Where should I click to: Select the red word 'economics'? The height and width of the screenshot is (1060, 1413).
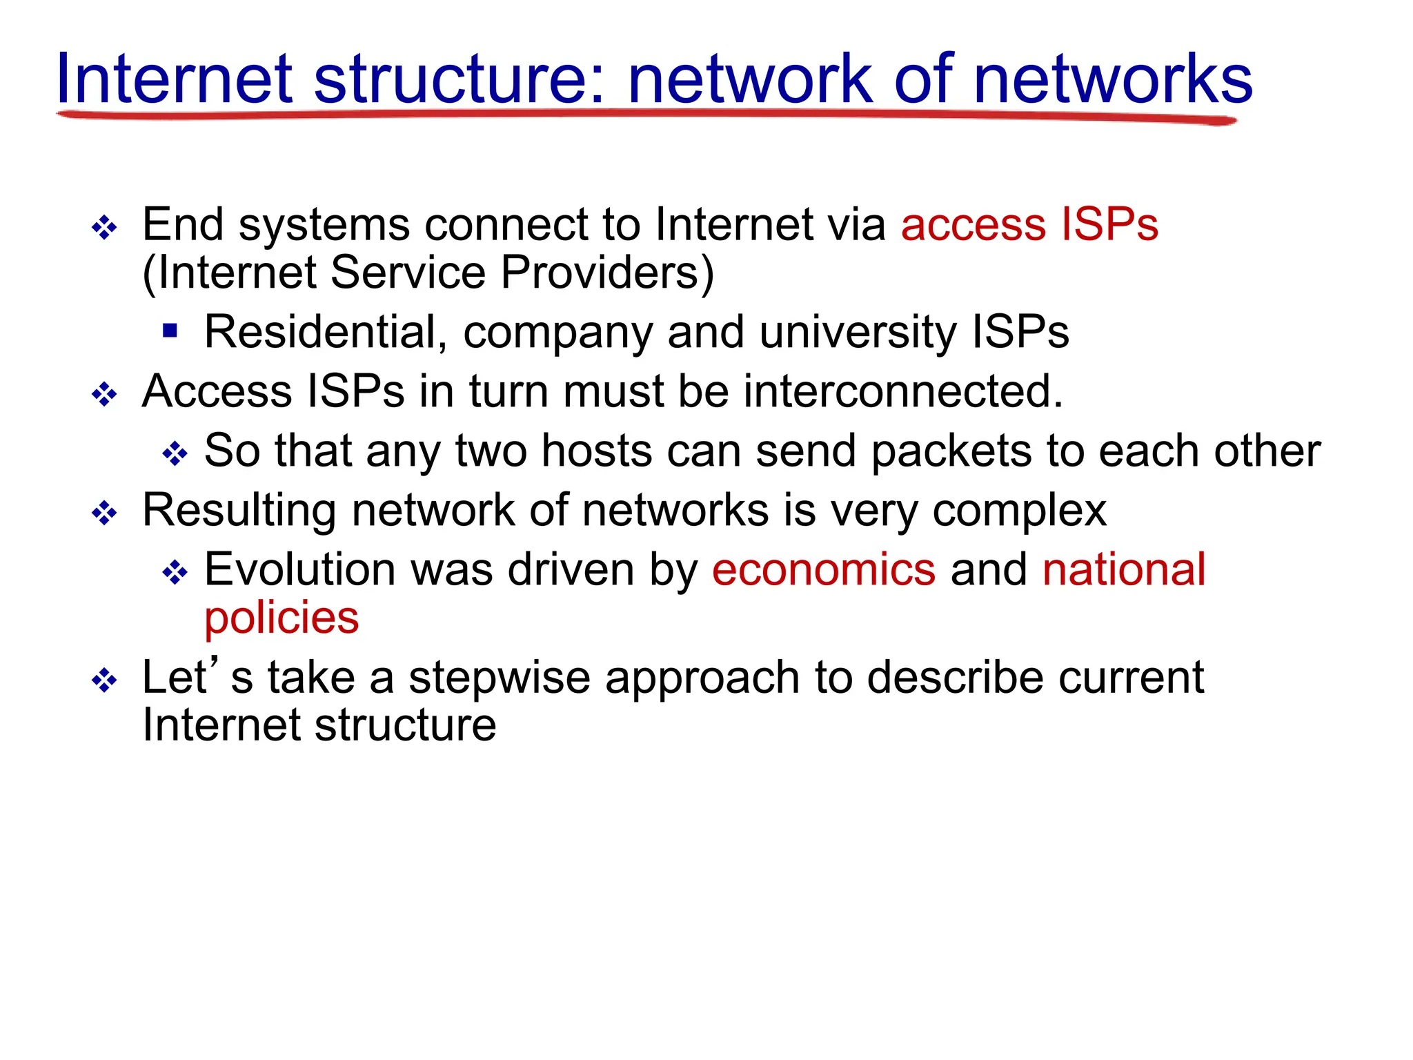[x=823, y=570]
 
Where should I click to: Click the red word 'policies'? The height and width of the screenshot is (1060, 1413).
[x=281, y=618]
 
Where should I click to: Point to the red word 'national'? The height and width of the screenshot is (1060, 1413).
[x=1123, y=570]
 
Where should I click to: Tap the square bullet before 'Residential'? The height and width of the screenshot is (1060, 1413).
[x=170, y=331]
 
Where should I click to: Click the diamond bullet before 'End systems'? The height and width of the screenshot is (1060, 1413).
[x=104, y=227]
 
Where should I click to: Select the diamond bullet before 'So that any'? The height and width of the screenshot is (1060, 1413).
[x=175, y=453]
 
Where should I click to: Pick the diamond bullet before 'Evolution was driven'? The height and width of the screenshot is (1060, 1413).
[x=175, y=572]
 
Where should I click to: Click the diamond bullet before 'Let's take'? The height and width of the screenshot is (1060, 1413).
[x=104, y=680]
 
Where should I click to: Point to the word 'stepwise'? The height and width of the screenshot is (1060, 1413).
[x=500, y=678]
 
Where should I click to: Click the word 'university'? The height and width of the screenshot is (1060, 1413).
[x=858, y=332]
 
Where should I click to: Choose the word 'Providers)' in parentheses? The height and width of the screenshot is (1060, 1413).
[x=607, y=273]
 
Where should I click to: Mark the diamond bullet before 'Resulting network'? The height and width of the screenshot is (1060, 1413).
[x=104, y=513]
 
